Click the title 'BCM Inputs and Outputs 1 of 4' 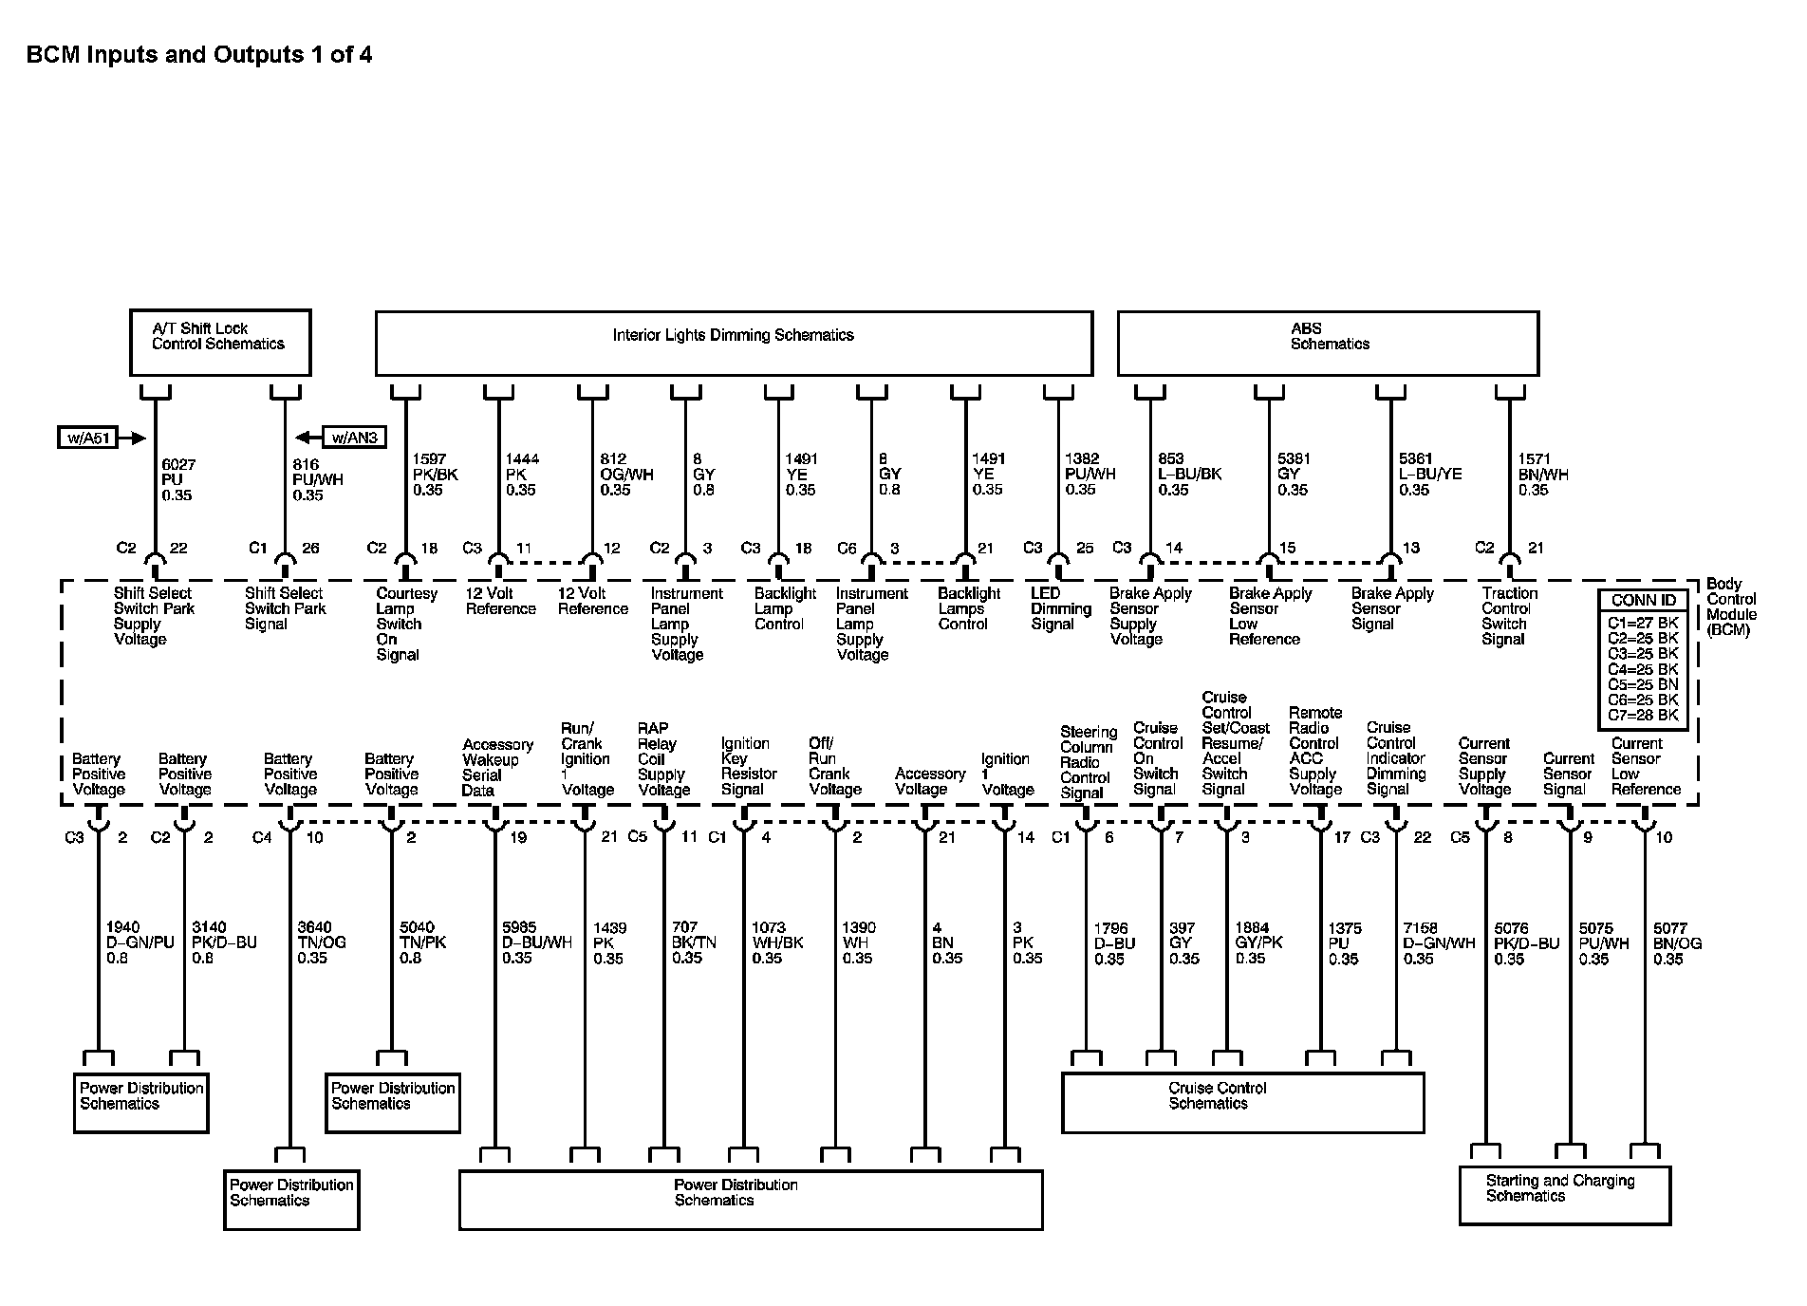198,55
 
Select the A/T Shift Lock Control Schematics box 219,342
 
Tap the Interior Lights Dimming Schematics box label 733,335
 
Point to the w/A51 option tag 87,438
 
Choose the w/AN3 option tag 355,438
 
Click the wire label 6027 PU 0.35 178,479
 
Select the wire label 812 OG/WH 625,475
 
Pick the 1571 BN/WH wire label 1542,475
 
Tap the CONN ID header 1644,600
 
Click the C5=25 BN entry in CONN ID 1643,684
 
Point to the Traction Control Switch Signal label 1508,616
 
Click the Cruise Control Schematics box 1241,1101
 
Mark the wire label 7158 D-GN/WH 1438,943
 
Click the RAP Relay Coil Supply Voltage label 662,759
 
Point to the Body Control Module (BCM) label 1731,607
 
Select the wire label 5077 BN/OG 1677,943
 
